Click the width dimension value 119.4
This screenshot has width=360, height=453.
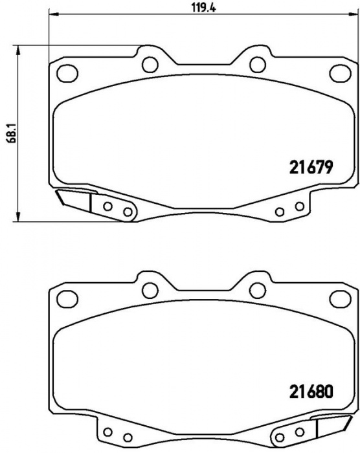[204, 8]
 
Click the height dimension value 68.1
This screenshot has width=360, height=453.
[12, 133]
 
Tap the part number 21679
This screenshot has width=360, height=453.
[311, 167]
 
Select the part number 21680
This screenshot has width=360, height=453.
[311, 392]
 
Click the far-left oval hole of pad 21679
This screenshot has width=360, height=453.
[67, 73]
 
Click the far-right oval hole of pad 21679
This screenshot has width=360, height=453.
[341, 73]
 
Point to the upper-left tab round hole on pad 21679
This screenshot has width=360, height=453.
[150, 65]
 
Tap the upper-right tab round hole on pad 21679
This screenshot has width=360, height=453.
[258, 65]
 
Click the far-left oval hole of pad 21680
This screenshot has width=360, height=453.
[67, 299]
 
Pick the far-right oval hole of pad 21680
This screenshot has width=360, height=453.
[341, 299]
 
